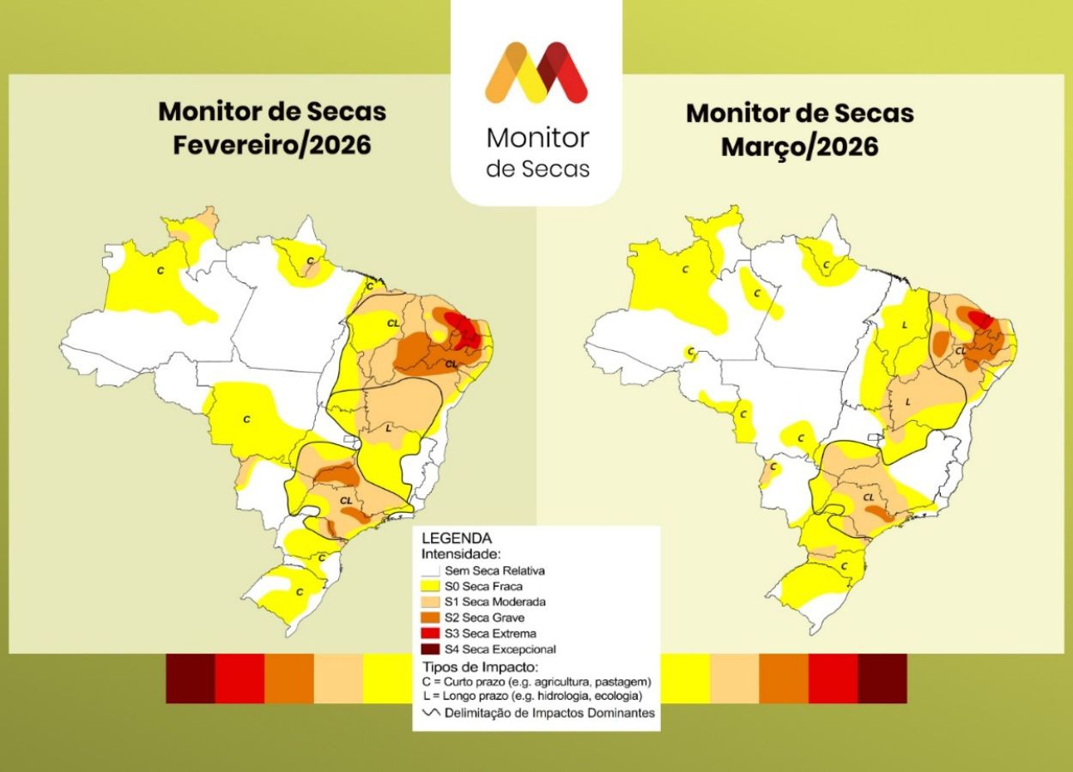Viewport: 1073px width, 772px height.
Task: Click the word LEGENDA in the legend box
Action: tap(456, 539)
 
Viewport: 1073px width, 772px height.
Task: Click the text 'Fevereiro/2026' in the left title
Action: tap(272, 145)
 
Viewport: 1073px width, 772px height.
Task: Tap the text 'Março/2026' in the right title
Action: tap(799, 147)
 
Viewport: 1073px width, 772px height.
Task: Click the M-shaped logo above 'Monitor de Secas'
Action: tap(536, 73)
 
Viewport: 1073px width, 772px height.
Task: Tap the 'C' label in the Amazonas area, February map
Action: tap(161, 270)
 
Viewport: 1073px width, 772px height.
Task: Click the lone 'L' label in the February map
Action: tap(388, 427)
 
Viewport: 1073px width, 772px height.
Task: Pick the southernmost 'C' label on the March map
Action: tap(844, 566)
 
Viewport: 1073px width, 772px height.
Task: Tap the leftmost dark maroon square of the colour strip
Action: tap(190, 679)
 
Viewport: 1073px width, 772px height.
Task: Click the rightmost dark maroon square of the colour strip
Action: tap(882, 679)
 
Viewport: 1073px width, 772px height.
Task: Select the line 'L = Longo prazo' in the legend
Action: tap(532, 697)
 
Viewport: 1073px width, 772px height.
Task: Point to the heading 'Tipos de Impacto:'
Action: tap(480, 666)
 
